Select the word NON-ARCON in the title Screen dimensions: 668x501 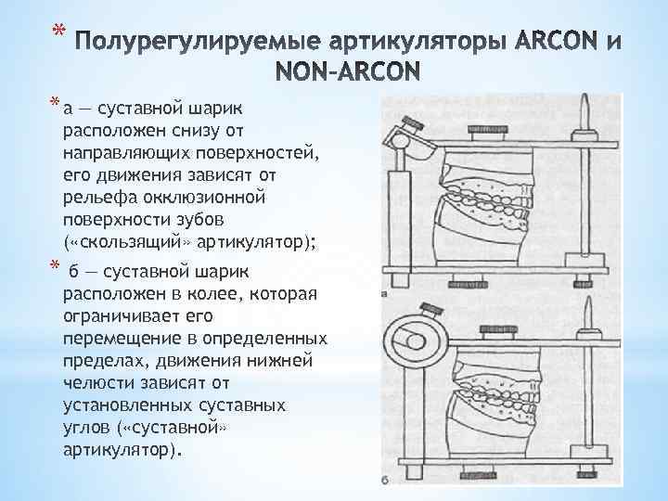tap(348, 71)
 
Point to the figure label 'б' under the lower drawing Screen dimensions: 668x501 tap(383, 480)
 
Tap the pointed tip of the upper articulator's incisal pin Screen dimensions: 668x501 tap(587, 101)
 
